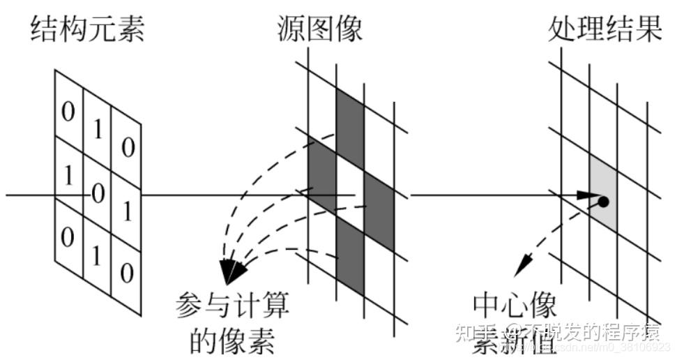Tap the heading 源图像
319,29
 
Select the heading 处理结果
604,29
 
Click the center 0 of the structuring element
98,192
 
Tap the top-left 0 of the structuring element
68,111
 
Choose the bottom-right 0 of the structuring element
126,271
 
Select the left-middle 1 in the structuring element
68,176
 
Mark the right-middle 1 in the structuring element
127,211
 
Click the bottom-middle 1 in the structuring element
97,255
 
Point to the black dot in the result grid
603,202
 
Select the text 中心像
515,305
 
